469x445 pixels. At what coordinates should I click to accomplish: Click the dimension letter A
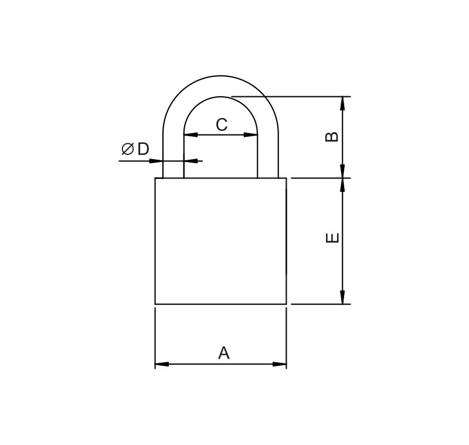pyautogui.click(x=223, y=353)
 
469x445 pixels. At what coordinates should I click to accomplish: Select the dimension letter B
pyautogui.click(x=332, y=136)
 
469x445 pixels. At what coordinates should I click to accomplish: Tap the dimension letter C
pyautogui.click(x=221, y=124)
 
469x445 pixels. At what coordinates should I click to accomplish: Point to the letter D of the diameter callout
pyautogui.click(x=143, y=149)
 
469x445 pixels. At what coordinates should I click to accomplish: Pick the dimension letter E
pyautogui.click(x=332, y=238)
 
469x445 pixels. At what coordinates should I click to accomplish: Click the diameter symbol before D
pyautogui.click(x=127, y=149)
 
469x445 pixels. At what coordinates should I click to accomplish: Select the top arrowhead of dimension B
pyautogui.click(x=343, y=103)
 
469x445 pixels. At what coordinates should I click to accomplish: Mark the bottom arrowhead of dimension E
pyautogui.click(x=343, y=298)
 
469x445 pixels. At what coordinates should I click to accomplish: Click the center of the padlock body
pyautogui.click(x=220, y=241)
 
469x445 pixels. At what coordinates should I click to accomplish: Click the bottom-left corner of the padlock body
pyautogui.click(x=155, y=304)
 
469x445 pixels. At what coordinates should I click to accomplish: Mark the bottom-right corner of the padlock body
pyautogui.click(x=286, y=304)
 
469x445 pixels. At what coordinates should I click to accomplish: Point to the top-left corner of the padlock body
pyautogui.click(x=155, y=178)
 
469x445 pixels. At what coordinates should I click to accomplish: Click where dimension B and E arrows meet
pyautogui.click(x=343, y=178)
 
